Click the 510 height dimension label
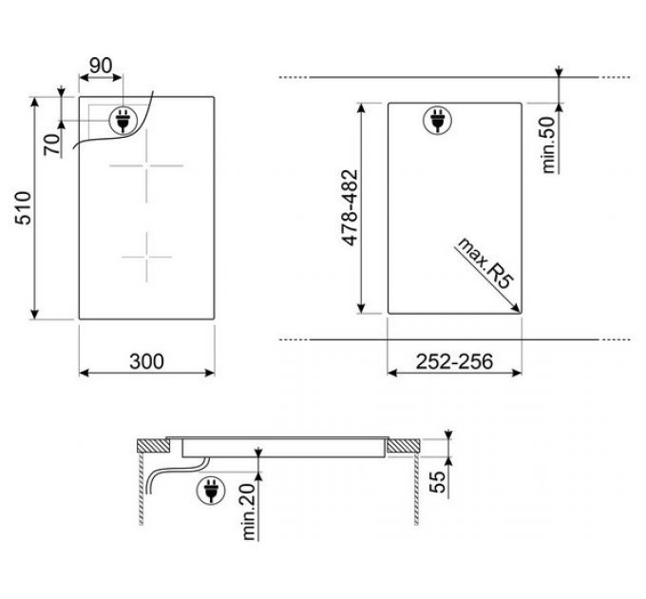click(x=24, y=208)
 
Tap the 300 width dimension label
click(x=146, y=361)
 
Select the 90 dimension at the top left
click(x=101, y=66)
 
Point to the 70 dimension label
click(x=52, y=145)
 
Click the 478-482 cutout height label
click(x=351, y=208)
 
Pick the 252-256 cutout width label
click(x=454, y=361)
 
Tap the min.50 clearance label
click(x=549, y=145)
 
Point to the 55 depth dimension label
click(x=438, y=481)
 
